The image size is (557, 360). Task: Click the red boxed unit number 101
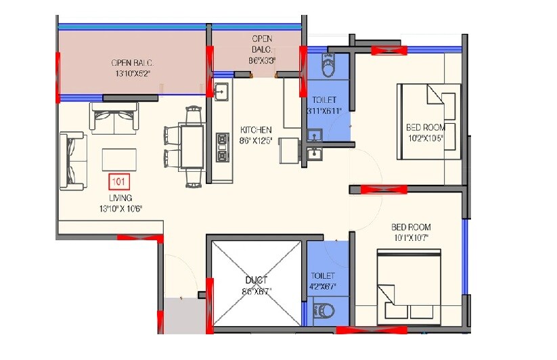click(118, 181)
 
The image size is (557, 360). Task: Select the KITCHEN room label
click(256, 129)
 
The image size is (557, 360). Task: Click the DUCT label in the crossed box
click(257, 279)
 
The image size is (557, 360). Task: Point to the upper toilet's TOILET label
click(324, 99)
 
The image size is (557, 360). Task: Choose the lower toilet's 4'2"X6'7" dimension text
click(323, 287)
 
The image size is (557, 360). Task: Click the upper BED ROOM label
click(425, 127)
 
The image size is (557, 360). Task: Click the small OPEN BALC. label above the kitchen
click(262, 44)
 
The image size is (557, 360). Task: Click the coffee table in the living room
click(119, 160)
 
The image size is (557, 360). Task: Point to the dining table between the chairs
click(192, 146)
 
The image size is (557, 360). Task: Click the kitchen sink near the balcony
click(221, 89)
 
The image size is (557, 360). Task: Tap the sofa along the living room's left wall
click(72, 161)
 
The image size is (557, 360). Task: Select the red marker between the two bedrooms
click(382, 189)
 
